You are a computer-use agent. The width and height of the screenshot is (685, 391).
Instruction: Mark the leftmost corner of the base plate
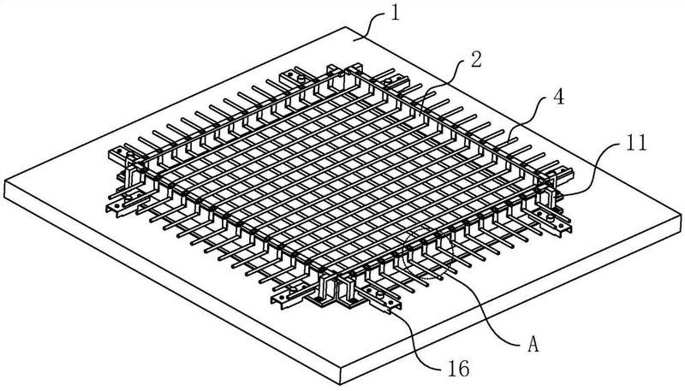(x=6, y=182)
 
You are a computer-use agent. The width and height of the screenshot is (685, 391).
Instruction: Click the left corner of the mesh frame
(x=116, y=155)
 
